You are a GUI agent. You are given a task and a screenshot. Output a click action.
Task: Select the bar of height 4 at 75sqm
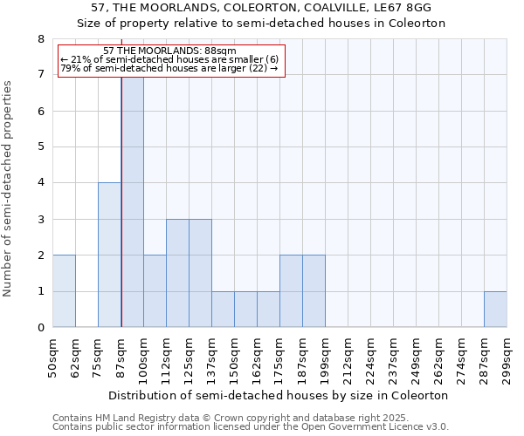109,255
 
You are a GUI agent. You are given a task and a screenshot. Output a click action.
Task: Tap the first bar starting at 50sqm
64,291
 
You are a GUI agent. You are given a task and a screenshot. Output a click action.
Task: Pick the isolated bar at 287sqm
495,310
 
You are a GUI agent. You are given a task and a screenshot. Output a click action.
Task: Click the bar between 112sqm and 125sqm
177,273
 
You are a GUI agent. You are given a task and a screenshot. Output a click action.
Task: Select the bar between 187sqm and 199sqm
314,291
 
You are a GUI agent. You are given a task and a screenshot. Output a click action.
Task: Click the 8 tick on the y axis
40,38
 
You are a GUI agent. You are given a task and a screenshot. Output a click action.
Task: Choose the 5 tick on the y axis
40,146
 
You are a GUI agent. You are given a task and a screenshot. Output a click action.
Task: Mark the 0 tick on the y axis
40,328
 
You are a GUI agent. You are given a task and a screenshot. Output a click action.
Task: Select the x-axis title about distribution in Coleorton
279,395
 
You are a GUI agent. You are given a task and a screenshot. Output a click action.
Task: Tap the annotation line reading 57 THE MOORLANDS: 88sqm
169,51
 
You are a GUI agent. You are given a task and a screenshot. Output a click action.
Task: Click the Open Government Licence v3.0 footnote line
251,427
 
